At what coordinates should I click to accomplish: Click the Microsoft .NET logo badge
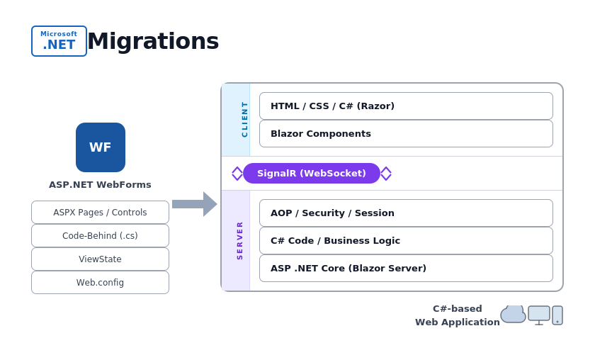pyautogui.click(x=59, y=41)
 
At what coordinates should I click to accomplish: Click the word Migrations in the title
pyautogui.click(x=153, y=41)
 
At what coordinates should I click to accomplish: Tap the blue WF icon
pyautogui.click(x=101, y=147)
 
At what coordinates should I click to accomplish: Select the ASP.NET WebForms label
pyautogui.click(x=100, y=184)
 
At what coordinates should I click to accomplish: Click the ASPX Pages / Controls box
pyautogui.click(x=100, y=213)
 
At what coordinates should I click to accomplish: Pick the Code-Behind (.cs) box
pyautogui.click(x=100, y=236)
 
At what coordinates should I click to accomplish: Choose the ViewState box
pyautogui.click(x=100, y=259)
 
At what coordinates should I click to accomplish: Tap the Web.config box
pyautogui.click(x=100, y=283)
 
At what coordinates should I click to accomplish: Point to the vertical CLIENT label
pyautogui.click(x=244, y=119)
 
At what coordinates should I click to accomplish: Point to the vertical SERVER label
pyautogui.click(x=239, y=240)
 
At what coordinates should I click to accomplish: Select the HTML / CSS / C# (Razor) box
pyautogui.click(x=406, y=106)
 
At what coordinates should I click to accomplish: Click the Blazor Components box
pyautogui.click(x=406, y=133)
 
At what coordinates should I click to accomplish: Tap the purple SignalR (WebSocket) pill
pyautogui.click(x=312, y=173)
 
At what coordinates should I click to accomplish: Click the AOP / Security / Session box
pyautogui.click(x=406, y=213)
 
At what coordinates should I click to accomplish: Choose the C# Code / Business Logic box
pyautogui.click(x=406, y=240)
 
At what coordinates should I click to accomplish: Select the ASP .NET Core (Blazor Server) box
pyautogui.click(x=406, y=268)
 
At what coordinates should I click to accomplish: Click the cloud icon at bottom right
pyautogui.click(x=513, y=315)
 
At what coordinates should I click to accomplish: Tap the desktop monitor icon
pyautogui.click(x=538, y=314)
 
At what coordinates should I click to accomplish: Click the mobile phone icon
pyautogui.click(x=557, y=315)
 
